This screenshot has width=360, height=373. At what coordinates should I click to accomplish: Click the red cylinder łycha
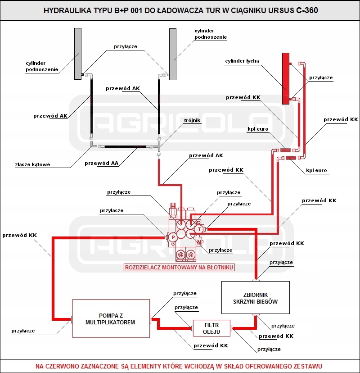click(x=286, y=78)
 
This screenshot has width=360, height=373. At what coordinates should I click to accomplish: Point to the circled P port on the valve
click(x=173, y=237)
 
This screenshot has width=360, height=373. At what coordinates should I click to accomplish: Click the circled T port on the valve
click(x=199, y=229)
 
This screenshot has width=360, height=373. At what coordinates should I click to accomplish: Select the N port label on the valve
click(x=199, y=242)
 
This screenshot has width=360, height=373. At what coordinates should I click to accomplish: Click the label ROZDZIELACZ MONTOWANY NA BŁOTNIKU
click(x=179, y=268)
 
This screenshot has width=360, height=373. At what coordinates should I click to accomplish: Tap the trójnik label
click(x=192, y=120)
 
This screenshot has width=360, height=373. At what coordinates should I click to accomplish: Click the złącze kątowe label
click(x=32, y=164)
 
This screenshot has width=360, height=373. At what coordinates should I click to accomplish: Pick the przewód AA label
click(x=101, y=163)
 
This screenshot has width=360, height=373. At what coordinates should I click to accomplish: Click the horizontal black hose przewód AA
click(x=125, y=146)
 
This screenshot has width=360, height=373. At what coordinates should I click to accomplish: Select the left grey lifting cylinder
click(x=78, y=54)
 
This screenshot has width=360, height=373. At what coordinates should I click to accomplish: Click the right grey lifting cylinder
click(x=173, y=54)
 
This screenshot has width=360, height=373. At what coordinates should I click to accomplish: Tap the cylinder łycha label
click(x=242, y=61)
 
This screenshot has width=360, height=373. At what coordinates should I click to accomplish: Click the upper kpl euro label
click(x=258, y=129)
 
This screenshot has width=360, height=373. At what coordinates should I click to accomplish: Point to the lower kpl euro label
click(x=316, y=170)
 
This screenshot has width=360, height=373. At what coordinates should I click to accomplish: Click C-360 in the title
click(x=307, y=10)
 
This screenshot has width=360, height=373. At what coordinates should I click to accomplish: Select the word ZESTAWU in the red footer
click(x=308, y=366)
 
